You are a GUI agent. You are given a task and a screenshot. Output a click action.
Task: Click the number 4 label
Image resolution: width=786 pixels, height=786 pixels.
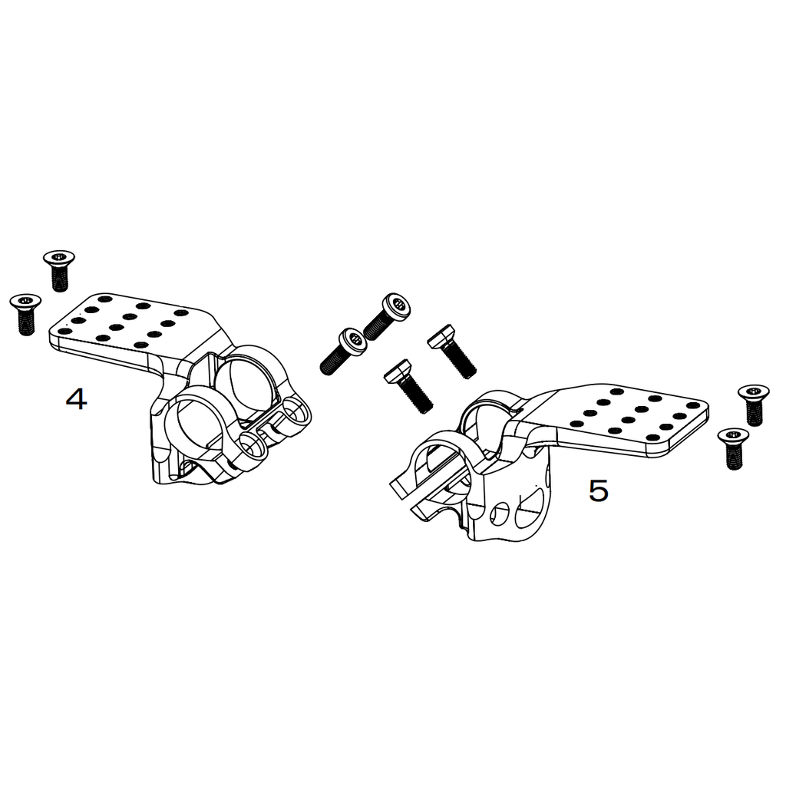[76, 399]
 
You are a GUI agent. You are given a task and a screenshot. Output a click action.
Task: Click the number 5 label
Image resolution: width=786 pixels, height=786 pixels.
[598, 490]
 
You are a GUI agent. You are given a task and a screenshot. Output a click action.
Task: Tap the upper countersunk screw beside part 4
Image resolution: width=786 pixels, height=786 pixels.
[58, 270]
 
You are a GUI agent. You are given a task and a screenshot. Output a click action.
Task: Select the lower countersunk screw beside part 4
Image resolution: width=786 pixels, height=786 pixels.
[25, 313]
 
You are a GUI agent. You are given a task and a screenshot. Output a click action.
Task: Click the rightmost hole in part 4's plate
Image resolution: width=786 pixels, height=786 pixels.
[181, 312]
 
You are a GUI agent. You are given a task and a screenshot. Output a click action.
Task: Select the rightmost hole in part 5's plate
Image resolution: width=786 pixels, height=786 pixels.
[692, 405]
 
